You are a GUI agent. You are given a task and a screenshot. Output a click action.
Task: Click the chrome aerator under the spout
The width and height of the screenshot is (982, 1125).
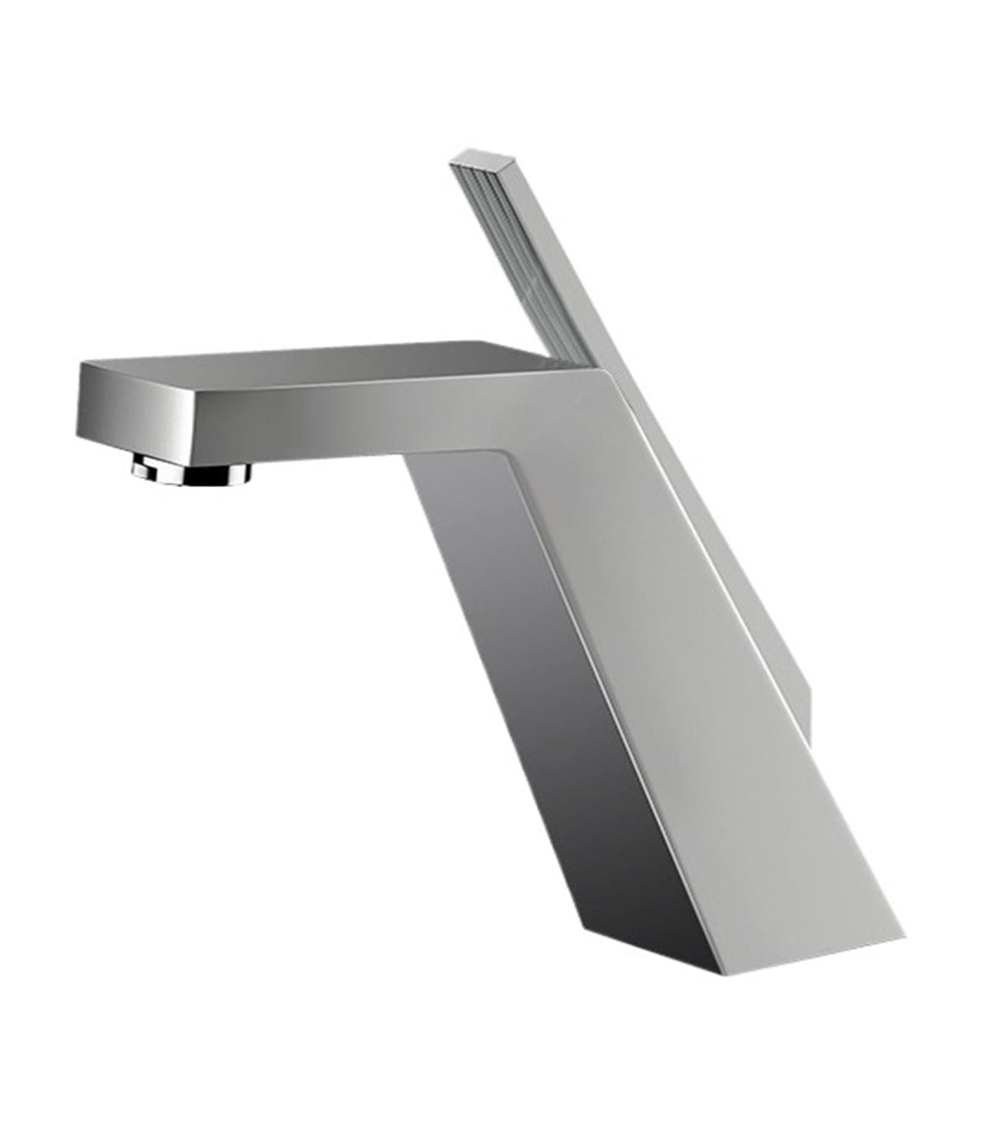[191, 470]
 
